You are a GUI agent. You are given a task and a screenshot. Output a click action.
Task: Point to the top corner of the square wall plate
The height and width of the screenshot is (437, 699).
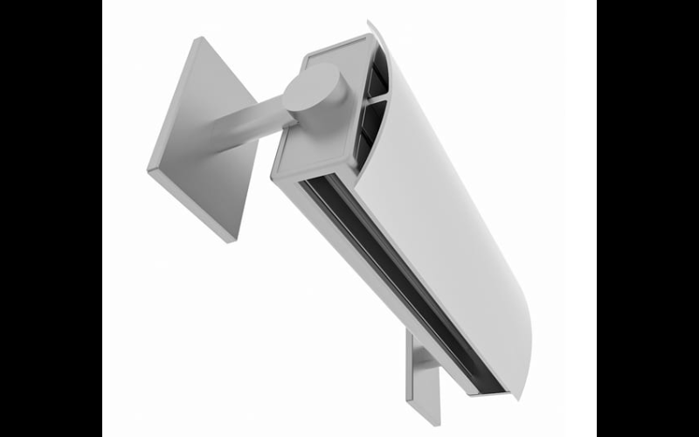pos(200,39)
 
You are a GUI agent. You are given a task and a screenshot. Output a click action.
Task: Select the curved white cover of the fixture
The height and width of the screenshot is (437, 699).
pos(454,201)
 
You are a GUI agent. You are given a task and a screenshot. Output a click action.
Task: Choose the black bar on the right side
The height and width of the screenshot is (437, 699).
pos(647,218)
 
